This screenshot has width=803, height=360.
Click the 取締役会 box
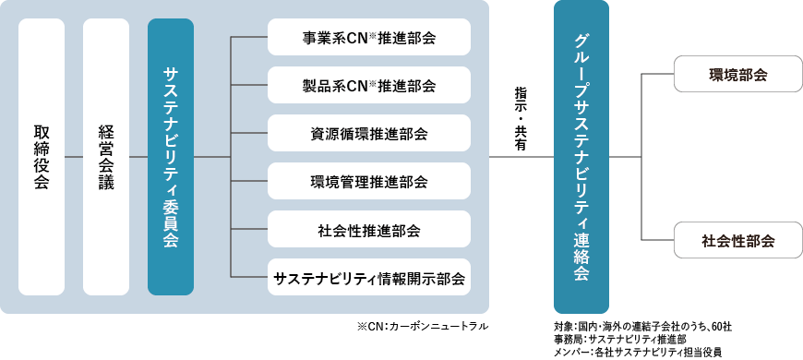click(42, 156)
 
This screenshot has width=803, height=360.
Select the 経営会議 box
click(106, 156)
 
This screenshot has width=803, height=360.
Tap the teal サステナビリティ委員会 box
click(171, 156)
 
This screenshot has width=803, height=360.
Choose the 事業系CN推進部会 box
click(369, 39)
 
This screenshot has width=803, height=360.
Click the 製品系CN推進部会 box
click(369, 86)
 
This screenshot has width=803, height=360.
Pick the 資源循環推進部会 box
click(369, 134)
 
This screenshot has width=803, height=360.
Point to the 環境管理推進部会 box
click(369, 181)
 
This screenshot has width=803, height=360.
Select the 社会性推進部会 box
click(369, 229)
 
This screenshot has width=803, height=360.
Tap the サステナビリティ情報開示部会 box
click(369, 276)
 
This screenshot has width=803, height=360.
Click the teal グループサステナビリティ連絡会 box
click(581, 156)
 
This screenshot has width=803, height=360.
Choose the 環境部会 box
click(737, 75)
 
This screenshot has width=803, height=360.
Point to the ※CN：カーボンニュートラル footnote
click(421, 327)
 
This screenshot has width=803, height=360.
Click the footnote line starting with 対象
click(642, 327)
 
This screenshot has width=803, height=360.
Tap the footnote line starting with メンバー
click(638, 353)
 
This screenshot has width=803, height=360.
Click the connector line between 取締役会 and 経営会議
click(74, 156)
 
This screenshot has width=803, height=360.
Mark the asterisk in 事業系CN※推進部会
click(374, 36)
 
